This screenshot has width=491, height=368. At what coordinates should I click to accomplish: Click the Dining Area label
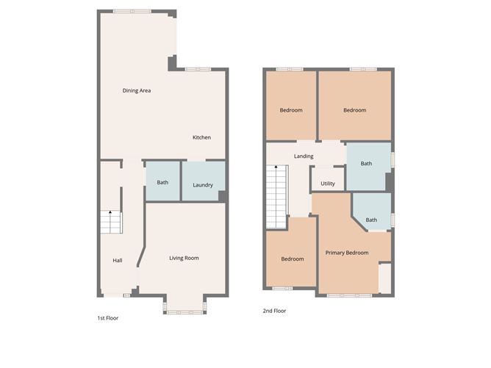coord(137,90)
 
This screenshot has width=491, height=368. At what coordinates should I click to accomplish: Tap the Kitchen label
coord(201,137)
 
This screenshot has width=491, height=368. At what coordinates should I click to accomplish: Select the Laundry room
coord(203,184)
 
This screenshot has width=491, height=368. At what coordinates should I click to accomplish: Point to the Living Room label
coord(184,258)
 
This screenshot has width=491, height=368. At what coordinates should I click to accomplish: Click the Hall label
coord(117,260)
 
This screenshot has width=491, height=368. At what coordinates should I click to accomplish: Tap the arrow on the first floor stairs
coord(111,214)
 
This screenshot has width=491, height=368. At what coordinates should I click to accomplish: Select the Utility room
coord(328,183)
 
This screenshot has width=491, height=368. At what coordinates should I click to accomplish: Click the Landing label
coord(304,156)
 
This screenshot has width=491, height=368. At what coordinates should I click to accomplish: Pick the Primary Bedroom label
coord(347,253)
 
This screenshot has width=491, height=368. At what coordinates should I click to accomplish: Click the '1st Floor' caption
coord(107,318)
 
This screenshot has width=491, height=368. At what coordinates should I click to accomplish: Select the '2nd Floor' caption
coord(275,311)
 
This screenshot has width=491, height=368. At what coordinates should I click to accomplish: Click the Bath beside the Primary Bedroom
coord(371,220)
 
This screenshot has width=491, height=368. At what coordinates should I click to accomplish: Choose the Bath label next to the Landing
coord(366,164)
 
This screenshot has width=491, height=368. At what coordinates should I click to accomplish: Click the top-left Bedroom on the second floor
coord(291,110)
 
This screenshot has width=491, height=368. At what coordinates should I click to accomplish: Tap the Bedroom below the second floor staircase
coord(292,259)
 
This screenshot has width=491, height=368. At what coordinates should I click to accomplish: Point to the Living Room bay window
coord(184,311)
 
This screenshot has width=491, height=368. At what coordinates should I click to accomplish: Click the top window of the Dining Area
coord(133,11)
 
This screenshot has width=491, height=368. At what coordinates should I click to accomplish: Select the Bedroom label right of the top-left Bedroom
coord(354,110)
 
